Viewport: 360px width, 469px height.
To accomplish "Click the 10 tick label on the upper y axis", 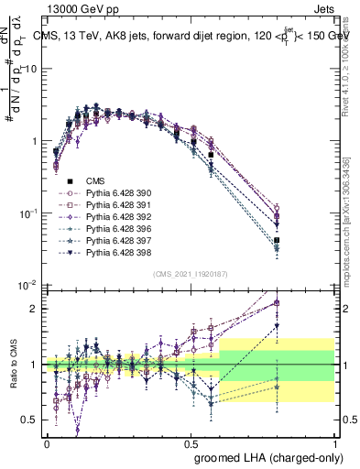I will (31, 69).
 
